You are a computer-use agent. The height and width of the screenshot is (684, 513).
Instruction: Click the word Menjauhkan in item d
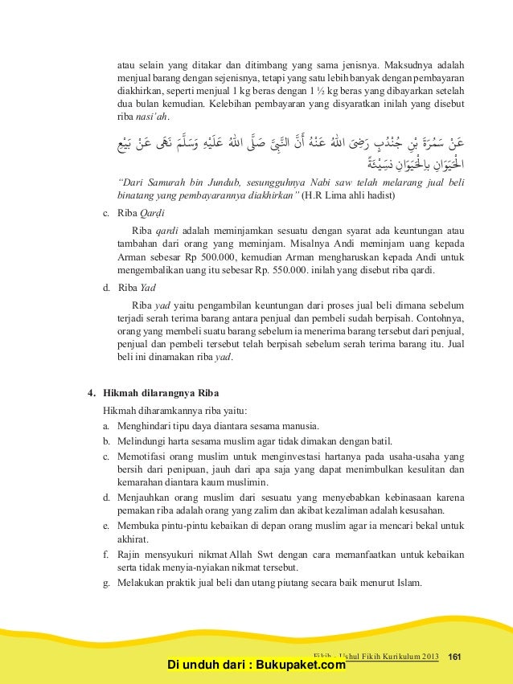pos(143,498)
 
